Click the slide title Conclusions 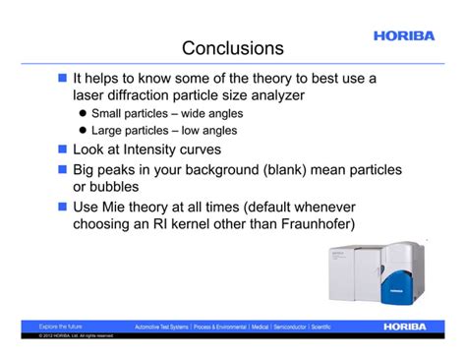pos(233,47)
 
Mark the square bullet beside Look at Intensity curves pos(62,150)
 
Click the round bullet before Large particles pos(84,130)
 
